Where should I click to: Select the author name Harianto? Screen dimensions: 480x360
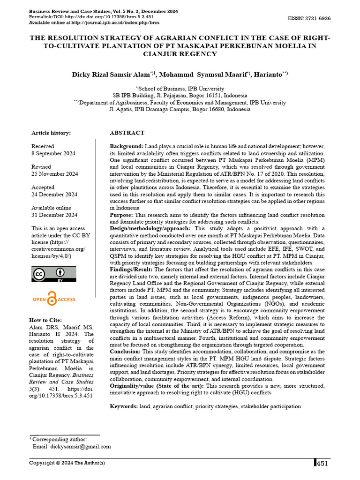point(267,75)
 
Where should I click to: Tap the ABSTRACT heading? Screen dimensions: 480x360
point(127,133)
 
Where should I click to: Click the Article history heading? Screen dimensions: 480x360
point(51,133)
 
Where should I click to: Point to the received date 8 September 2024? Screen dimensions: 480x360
point(53,153)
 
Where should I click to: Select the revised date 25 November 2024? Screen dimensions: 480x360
point(54,174)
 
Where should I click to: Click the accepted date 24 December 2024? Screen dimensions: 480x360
point(54,195)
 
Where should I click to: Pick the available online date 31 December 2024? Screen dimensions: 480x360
point(54,215)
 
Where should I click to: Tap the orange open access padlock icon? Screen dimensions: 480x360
point(52,298)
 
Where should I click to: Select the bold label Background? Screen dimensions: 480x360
point(127,147)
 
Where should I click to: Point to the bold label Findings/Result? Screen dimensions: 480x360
point(131,270)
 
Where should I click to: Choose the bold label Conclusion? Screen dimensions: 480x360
point(125,352)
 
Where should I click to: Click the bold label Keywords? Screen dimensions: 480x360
point(124,406)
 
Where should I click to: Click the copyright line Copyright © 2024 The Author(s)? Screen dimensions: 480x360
point(67,463)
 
